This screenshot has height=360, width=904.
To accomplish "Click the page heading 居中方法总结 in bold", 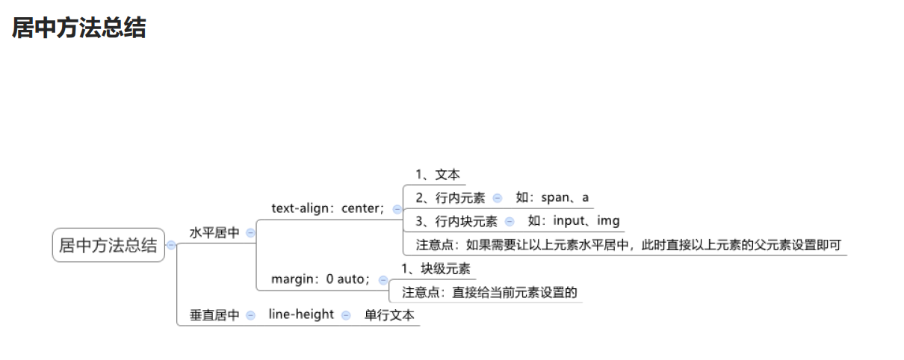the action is [78, 28].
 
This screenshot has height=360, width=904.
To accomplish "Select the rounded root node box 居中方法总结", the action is [108, 245].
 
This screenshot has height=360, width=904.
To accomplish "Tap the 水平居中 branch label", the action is [214, 233].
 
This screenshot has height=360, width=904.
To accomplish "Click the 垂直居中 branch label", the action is [214, 315].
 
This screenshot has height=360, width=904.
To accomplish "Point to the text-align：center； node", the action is [328, 208].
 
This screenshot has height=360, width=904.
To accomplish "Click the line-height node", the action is [301, 314].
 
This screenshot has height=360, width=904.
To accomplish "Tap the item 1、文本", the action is [438, 175].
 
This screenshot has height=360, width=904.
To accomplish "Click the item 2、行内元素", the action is [451, 198].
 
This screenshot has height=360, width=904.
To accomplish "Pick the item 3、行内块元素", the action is [456, 221].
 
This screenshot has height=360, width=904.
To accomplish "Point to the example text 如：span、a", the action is [552, 198].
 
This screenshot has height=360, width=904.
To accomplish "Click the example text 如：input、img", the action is [573, 221].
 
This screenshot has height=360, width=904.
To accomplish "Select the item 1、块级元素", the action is [436, 269].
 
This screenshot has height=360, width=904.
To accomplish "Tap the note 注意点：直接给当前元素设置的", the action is [490, 292].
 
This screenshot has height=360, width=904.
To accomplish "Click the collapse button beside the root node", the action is [172, 245].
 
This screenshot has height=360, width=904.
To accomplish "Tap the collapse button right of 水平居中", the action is [250, 233].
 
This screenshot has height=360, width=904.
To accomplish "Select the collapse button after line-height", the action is [346, 315].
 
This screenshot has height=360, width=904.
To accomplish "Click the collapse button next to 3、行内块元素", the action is [510, 221].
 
